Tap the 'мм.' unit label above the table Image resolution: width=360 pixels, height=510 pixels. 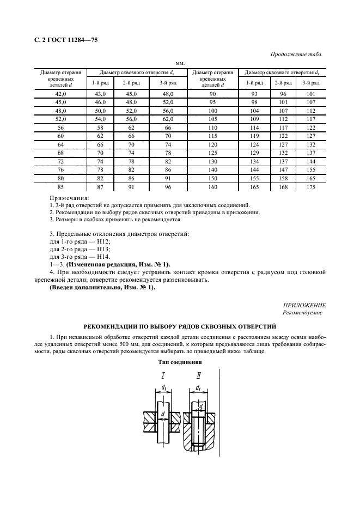pos(180,64)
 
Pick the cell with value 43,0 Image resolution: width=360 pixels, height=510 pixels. pos(101,94)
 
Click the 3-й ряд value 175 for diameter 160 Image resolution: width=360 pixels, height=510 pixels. pos(312,186)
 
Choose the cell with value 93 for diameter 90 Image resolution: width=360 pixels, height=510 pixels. pos(251,94)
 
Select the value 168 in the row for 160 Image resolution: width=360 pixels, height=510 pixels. pos(281,186)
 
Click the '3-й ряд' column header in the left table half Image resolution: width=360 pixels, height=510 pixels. pos(167,82)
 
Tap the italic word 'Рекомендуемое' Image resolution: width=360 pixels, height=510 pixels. pos(302,313)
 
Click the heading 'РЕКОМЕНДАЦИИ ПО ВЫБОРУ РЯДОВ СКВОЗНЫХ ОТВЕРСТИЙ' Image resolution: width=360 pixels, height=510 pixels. pos(180,327)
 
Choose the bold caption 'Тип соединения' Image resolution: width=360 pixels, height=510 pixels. pos(180,362)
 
